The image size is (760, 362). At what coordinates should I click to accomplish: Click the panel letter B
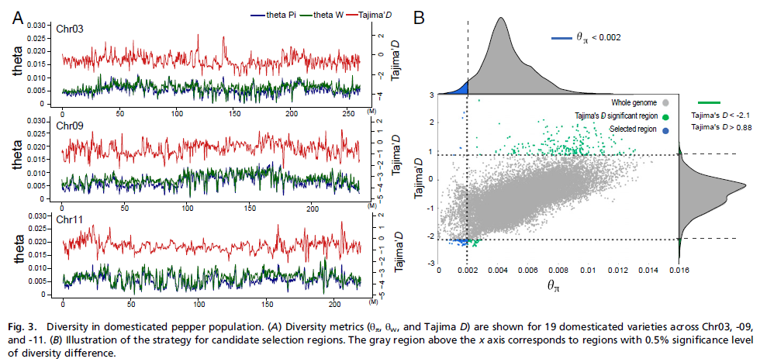pos(419,17)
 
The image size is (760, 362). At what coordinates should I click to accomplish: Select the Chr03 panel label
pos(70,30)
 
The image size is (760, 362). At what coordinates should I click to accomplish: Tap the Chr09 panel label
pos(70,122)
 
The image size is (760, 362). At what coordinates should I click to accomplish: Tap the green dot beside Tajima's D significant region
pos(665,117)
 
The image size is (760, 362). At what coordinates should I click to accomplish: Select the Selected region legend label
pos(634,128)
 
